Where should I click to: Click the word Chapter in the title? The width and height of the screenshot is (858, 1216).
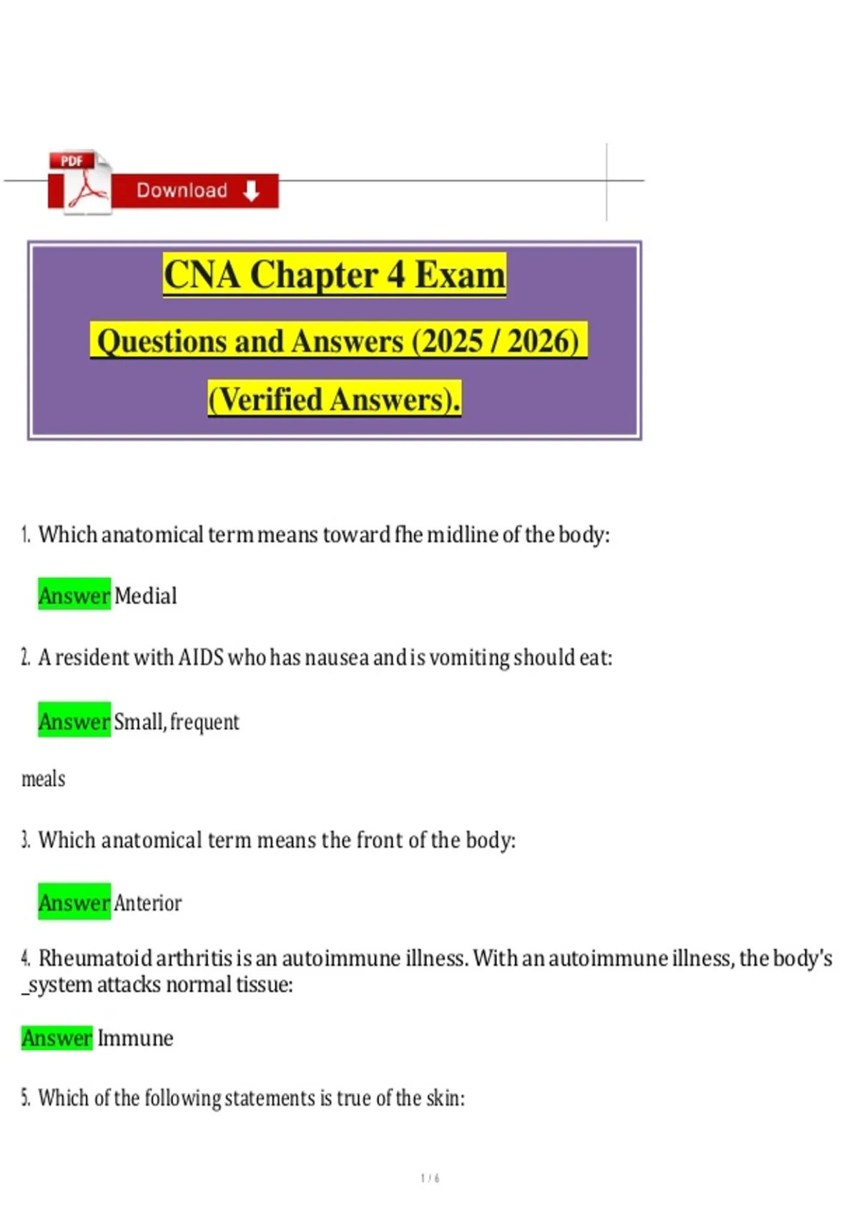point(313,275)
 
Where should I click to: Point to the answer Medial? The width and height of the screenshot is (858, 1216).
point(145,596)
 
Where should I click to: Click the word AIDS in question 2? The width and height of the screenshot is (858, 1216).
point(201,657)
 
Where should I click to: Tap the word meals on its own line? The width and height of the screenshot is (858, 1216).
point(44,778)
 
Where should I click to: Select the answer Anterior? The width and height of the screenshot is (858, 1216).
point(147,903)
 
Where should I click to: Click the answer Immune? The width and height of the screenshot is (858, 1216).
point(135,1038)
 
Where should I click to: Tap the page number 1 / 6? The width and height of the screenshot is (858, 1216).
point(430,1178)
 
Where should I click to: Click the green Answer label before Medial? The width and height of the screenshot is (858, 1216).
point(74,595)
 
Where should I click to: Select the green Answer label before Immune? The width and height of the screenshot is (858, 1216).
point(57,1038)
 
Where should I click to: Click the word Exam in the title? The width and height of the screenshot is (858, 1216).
point(460,275)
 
